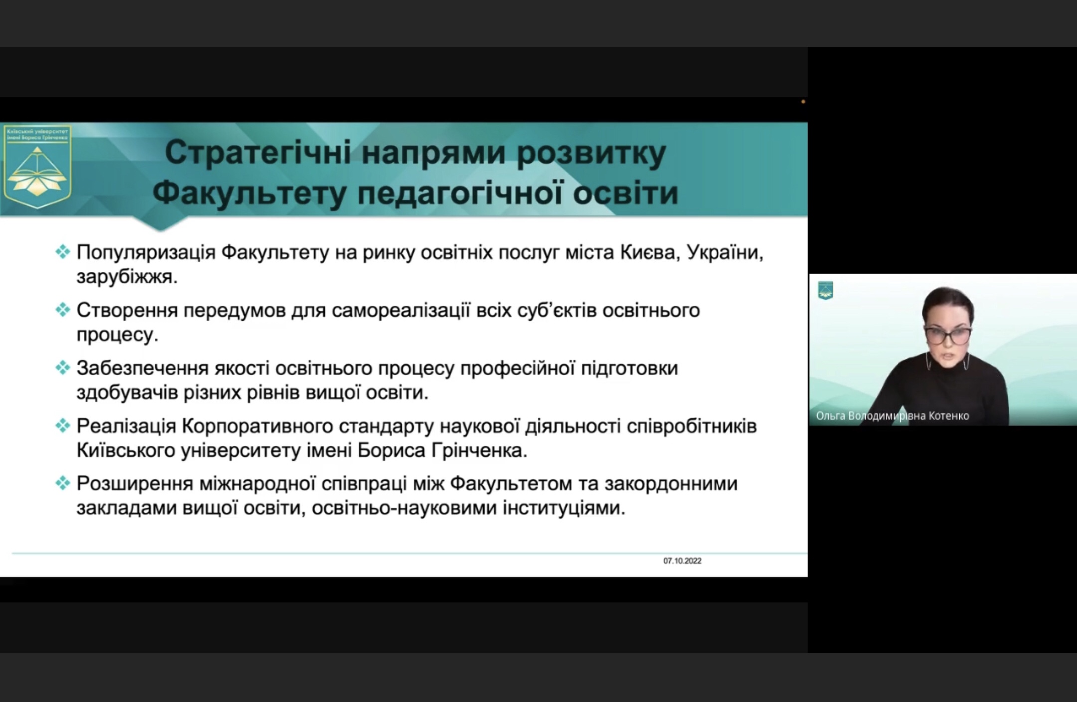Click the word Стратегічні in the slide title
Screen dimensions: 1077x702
pyautogui.click(x=258, y=153)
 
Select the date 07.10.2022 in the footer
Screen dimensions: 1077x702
pyautogui.click(x=682, y=561)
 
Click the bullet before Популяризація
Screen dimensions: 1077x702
pyautogui.click(x=62, y=252)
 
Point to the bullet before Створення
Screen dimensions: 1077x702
pyautogui.click(x=62, y=310)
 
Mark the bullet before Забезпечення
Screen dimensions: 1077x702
pyautogui.click(x=62, y=368)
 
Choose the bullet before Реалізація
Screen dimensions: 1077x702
pyautogui.click(x=62, y=426)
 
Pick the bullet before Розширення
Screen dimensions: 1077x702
pyautogui.click(x=62, y=483)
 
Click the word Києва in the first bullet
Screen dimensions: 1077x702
pyautogui.click(x=651, y=253)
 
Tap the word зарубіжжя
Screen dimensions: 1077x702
pyautogui.click(x=127, y=277)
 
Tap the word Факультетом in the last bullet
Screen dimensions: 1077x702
pyautogui.click(x=511, y=484)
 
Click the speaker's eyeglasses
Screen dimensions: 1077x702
pyautogui.click(x=948, y=335)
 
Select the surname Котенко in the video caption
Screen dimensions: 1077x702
pyautogui.click(x=949, y=416)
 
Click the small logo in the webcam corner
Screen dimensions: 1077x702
pyautogui.click(x=825, y=291)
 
